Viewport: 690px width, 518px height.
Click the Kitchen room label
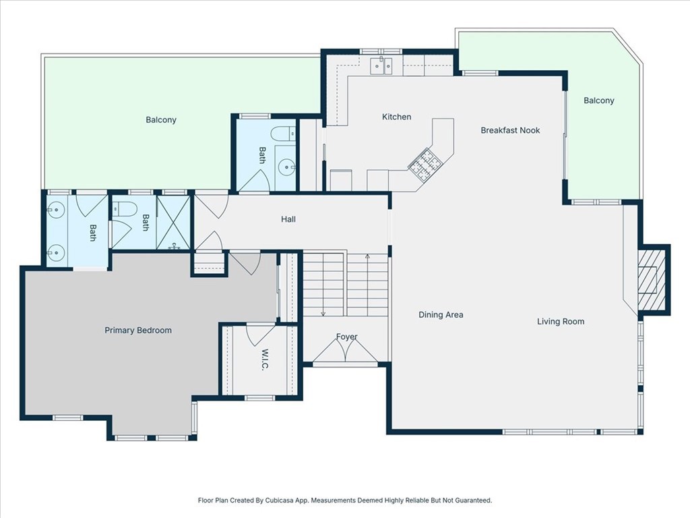pyautogui.click(x=396, y=117)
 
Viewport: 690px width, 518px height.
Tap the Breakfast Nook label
pyautogui.click(x=510, y=130)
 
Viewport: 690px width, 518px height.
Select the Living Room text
pyautogui.click(x=560, y=322)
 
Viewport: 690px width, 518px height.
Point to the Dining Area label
pyautogui.click(x=441, y=315)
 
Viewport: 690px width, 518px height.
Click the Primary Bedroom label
pyautogui.click(x=138, y=330)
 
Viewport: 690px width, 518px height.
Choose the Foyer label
pyautogui.click(x=347, y=337)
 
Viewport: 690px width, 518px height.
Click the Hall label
pyautogui.click(x=288, y=219)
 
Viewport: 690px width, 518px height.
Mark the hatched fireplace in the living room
pyautogui.click(x=651, y=279)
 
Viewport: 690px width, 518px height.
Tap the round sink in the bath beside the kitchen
pyautogui.click(x=288, y=165)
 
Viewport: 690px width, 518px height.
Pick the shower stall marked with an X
pyautogui.click(x=174, y=223)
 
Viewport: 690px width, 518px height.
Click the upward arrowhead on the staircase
pyautogui.click(x=368, y=257)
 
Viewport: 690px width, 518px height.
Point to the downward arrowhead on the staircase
pyautogui.click(x=323, y=312)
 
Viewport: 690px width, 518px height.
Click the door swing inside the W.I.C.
pyautogui.click(x=260, y=335)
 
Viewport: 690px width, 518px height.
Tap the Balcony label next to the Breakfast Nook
pyautogui.click(x=598, y=100)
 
